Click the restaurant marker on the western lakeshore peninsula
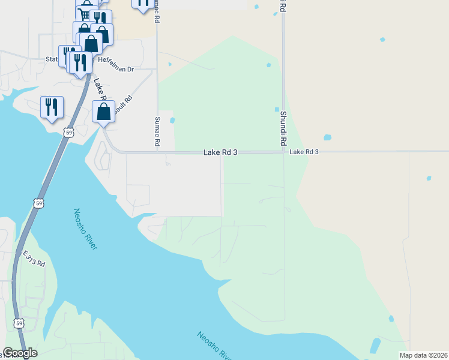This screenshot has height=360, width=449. pyautogui.click(x=52, y=107)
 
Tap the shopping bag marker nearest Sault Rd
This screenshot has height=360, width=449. pyautogui.click(x=103, y=112)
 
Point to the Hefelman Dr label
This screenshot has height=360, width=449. pyautogui.click(x=116, y=70)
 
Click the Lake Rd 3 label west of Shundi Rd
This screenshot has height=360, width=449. pyautogui.click(x=220, y=153)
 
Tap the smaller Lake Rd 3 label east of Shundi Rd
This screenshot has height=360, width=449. pyautogui.click(x=304, y=152)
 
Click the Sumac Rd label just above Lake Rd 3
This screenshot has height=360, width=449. pyautogui.click(x=158, y=132)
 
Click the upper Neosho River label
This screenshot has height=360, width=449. pyautogui.click(x=85, y=229)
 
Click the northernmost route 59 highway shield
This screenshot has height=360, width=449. pyautogui.click(x=70, y=132)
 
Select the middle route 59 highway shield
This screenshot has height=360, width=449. pyautogui.click(x=39, y=203)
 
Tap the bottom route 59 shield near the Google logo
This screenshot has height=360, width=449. pyautogui.click(x=19, y=325)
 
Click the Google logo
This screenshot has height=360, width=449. pyautogui.click(x=20, y=353)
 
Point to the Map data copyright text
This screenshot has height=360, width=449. pyautogui.click(x=423, y=355)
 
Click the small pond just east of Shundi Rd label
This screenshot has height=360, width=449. pyautogui.click(x=327, y=137)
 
